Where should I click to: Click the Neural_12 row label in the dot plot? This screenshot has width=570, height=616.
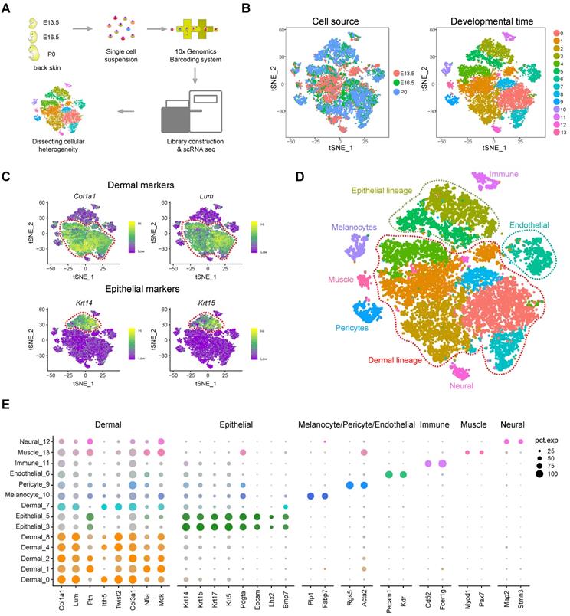coord(23,442)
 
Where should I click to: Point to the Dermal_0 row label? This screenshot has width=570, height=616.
coord(24,582)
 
